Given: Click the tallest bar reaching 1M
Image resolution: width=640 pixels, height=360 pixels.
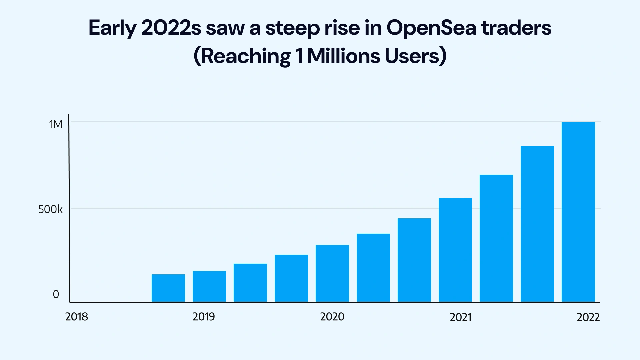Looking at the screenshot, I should [578, 212].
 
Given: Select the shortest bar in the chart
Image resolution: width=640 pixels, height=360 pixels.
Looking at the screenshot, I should [168, 288].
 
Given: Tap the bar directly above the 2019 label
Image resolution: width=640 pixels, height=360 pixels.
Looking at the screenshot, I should [209, 286].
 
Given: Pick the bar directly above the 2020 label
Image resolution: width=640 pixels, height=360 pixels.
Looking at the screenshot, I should [332, 273].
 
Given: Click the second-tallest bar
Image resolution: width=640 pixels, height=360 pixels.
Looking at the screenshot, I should [537, 224].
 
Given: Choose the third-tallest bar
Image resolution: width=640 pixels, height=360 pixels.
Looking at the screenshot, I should [496, 238].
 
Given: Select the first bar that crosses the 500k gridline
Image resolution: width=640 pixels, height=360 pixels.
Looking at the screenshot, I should [455, 250].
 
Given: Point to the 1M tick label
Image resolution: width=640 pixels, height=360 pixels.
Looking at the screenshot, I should [56, 124].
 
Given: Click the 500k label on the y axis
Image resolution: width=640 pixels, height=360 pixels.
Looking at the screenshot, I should [50, 209].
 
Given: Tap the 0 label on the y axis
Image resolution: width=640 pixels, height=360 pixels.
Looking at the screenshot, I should [56, 294].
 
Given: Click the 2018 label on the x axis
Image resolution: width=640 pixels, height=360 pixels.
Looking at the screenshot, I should [77, 317].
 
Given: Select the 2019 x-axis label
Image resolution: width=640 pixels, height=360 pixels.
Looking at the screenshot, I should [204, 317].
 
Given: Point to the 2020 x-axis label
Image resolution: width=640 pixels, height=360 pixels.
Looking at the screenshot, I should [332, 317].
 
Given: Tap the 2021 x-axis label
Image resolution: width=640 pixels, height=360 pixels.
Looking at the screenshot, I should [460, 317].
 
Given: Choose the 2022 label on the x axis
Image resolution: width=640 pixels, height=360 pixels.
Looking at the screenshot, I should [588, 317].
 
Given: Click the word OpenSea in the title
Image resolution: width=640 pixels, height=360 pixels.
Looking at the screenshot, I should [431, 28].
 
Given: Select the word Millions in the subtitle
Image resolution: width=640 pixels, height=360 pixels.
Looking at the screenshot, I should [343, 56].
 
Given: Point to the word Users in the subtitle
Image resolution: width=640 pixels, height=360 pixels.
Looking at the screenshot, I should [412, 56].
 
